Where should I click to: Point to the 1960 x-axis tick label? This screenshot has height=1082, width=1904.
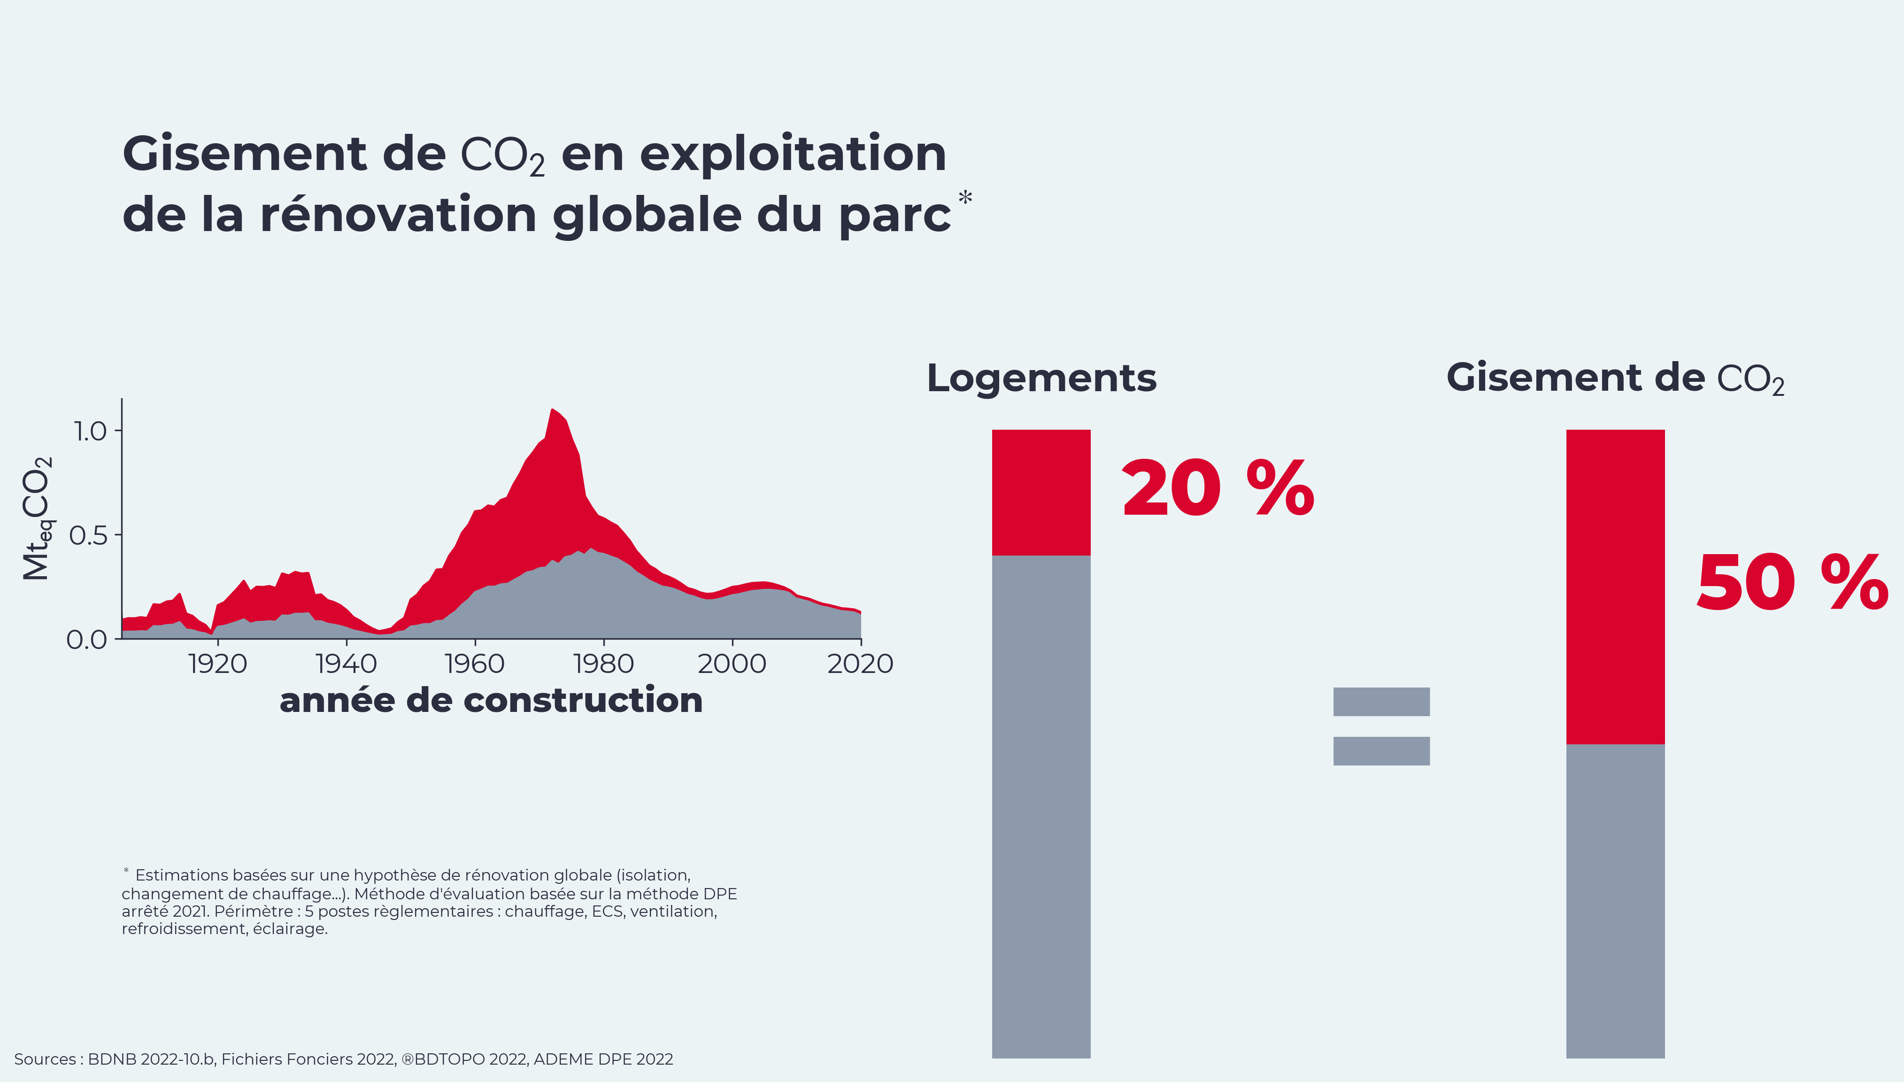(475, 664)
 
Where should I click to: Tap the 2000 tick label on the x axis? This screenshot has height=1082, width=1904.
(732, 664)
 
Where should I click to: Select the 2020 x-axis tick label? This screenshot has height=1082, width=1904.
(860, 664)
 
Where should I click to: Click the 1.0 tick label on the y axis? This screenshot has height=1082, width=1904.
(90, 431)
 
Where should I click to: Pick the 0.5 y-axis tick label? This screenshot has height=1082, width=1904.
(88, 535)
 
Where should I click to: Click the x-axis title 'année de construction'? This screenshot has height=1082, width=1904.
(491, 700)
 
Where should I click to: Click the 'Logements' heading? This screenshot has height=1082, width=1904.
(1041, 378)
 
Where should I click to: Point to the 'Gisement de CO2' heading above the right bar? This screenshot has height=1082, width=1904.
(1615, 378)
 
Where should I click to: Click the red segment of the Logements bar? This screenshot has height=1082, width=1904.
(1041, 492)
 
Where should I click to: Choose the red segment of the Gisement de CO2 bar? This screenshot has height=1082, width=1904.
(1615, 587)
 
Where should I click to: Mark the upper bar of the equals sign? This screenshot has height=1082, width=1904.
(1381, 702)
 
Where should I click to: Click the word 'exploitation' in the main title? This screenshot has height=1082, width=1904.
(793, 154)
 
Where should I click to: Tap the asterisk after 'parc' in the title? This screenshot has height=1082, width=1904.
(965, 198)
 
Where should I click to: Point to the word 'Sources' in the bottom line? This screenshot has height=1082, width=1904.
(45, 1059)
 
